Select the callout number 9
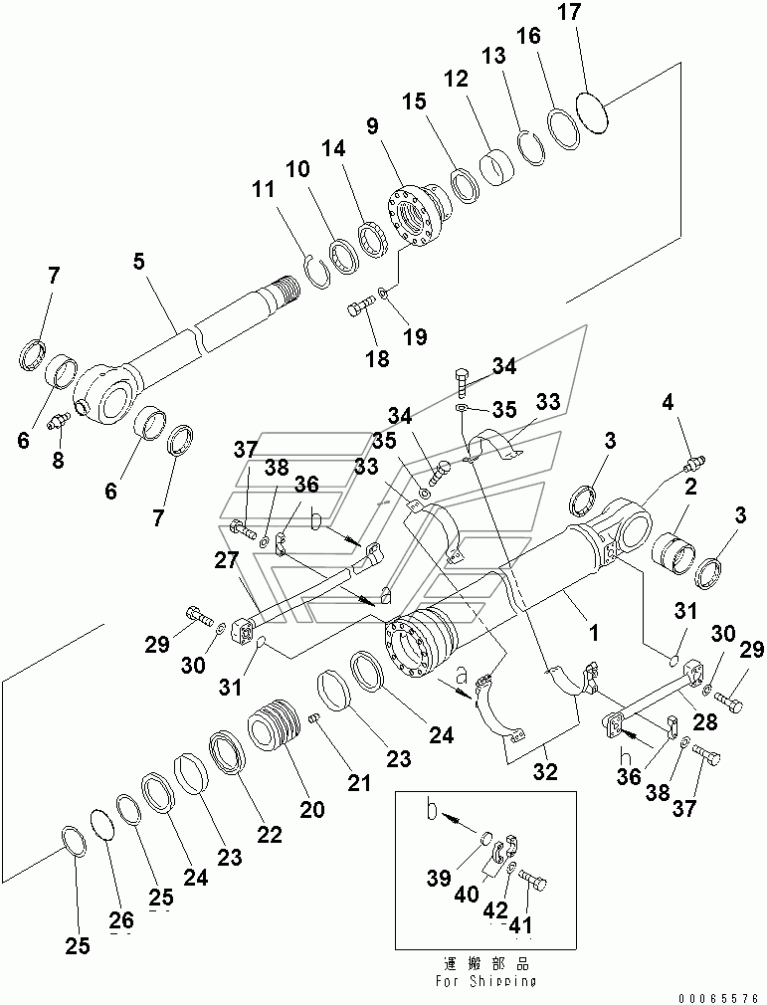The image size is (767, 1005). pos(372,126)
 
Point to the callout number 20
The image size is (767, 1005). pos(312,810)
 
